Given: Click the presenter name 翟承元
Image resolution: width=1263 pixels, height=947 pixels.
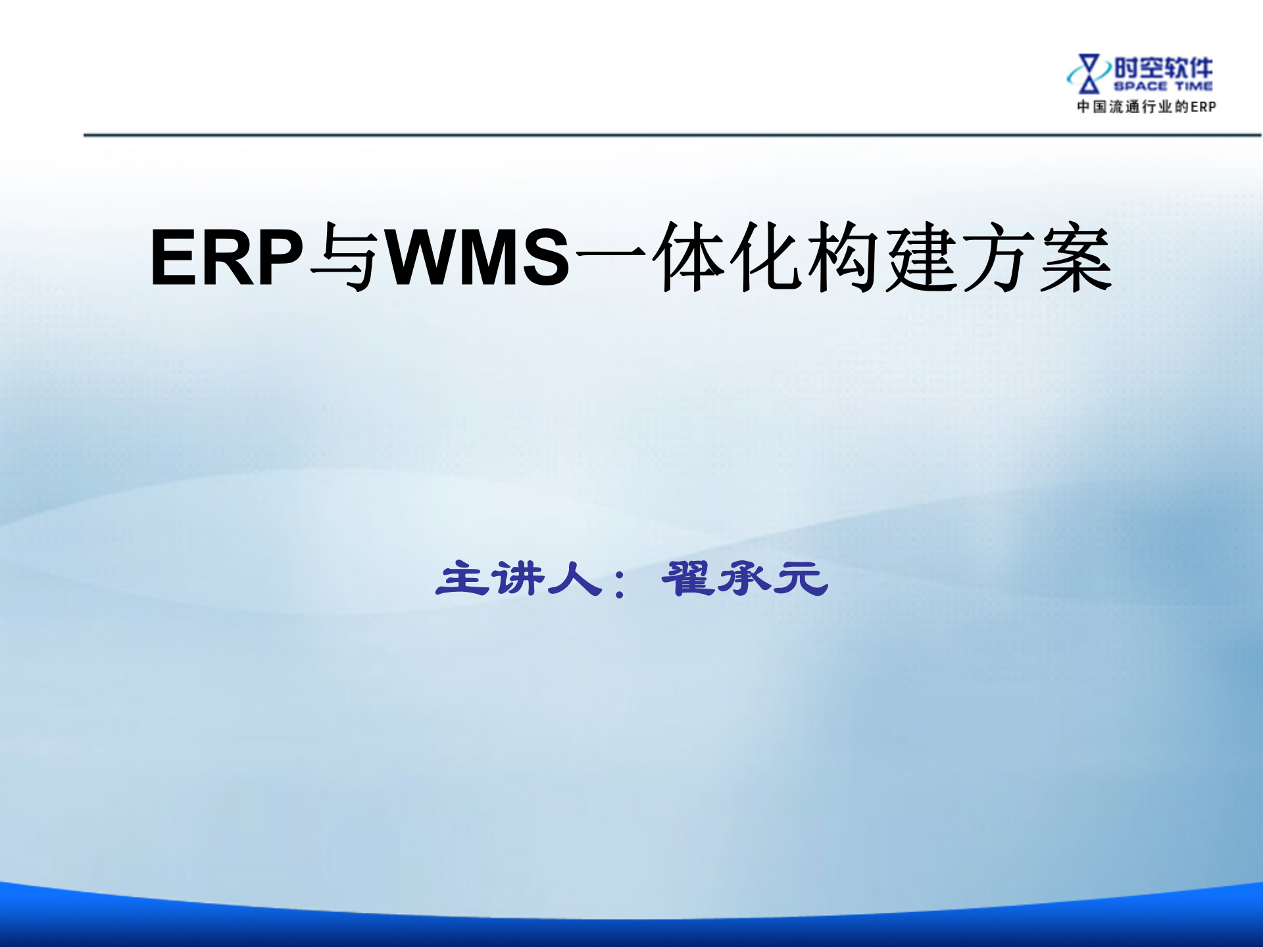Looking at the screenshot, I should click(x=744, y=579).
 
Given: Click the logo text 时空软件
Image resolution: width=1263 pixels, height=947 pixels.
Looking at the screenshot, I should click(x=1163, y=68).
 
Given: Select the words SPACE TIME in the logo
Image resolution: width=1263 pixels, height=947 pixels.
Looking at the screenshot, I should click(x=1163, y=86).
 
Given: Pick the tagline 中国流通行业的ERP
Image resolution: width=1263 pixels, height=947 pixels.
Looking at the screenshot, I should click(x=1146, y=107).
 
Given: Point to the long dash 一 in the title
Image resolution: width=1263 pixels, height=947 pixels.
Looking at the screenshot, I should click(x=612, y=253).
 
